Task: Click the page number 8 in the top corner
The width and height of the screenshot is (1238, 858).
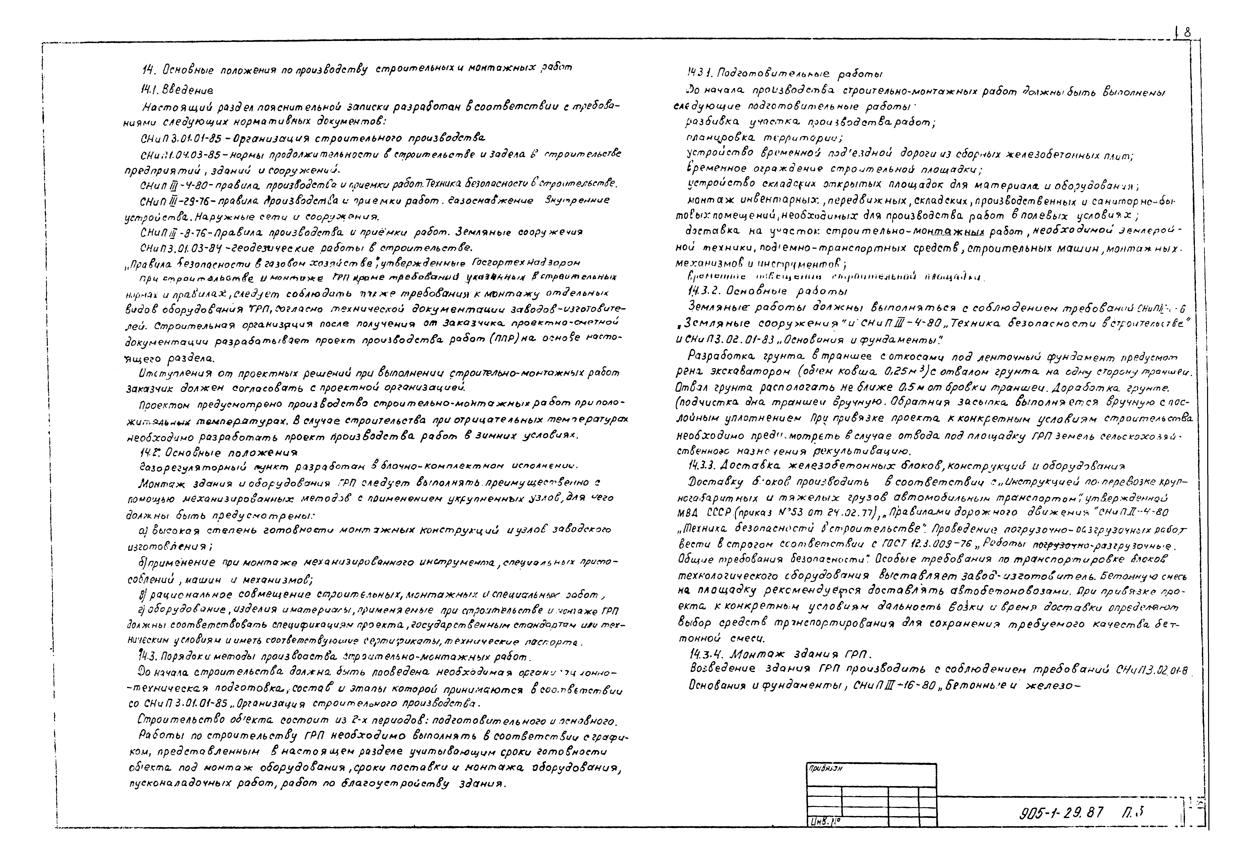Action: tap(1187, 33)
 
